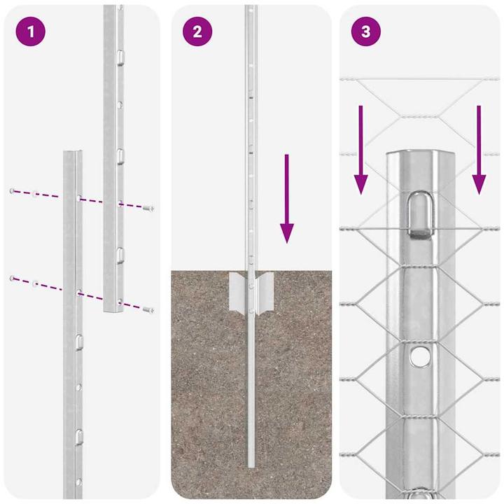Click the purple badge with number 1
point(29,31)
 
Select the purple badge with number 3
point(365,31)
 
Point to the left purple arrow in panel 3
point(361,150)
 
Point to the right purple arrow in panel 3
point(479,150)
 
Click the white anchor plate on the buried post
point(251,293)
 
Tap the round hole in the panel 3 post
point(420,357)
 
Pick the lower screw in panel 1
point(148,309)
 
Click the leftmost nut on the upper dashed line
point(12,190)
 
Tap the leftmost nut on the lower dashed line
point(12,279)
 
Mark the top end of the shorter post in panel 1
point(73,153)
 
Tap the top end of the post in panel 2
point(250,8)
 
